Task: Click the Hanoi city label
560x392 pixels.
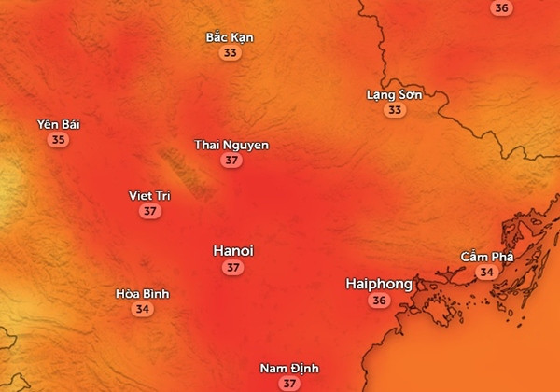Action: (x=233, y=251)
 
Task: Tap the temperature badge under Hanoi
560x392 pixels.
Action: (x=233, y=268)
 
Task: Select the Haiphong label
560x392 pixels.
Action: (x=379, y=283)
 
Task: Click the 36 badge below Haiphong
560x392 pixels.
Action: (x=379, y=301)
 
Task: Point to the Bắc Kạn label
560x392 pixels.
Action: (x=230, y=37)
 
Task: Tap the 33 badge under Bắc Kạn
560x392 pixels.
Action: (x=230, y=53)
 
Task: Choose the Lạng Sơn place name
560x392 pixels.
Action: (x=396, y=94)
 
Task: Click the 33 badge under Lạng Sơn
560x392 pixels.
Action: (x=396, y=110)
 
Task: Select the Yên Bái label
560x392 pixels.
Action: (x=59, y=124)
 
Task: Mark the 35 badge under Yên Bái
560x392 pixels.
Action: (x=59, y=140)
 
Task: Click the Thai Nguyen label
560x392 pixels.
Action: (x=231, y=145)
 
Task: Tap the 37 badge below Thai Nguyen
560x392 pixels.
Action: (x=231, y=161)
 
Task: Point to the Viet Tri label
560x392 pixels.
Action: (x=150, y=195)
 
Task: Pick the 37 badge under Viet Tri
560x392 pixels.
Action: (x=150, y=211)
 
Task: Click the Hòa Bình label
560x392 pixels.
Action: (x=142, y=293)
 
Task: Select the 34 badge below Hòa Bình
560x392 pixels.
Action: (x=142, y=309)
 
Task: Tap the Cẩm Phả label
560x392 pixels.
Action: (x=486, y=256)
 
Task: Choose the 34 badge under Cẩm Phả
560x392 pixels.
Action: (x=486, y=272)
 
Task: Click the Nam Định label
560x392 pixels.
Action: (x=288, y=368)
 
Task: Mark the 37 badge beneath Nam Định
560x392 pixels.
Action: (x=288, y=383)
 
